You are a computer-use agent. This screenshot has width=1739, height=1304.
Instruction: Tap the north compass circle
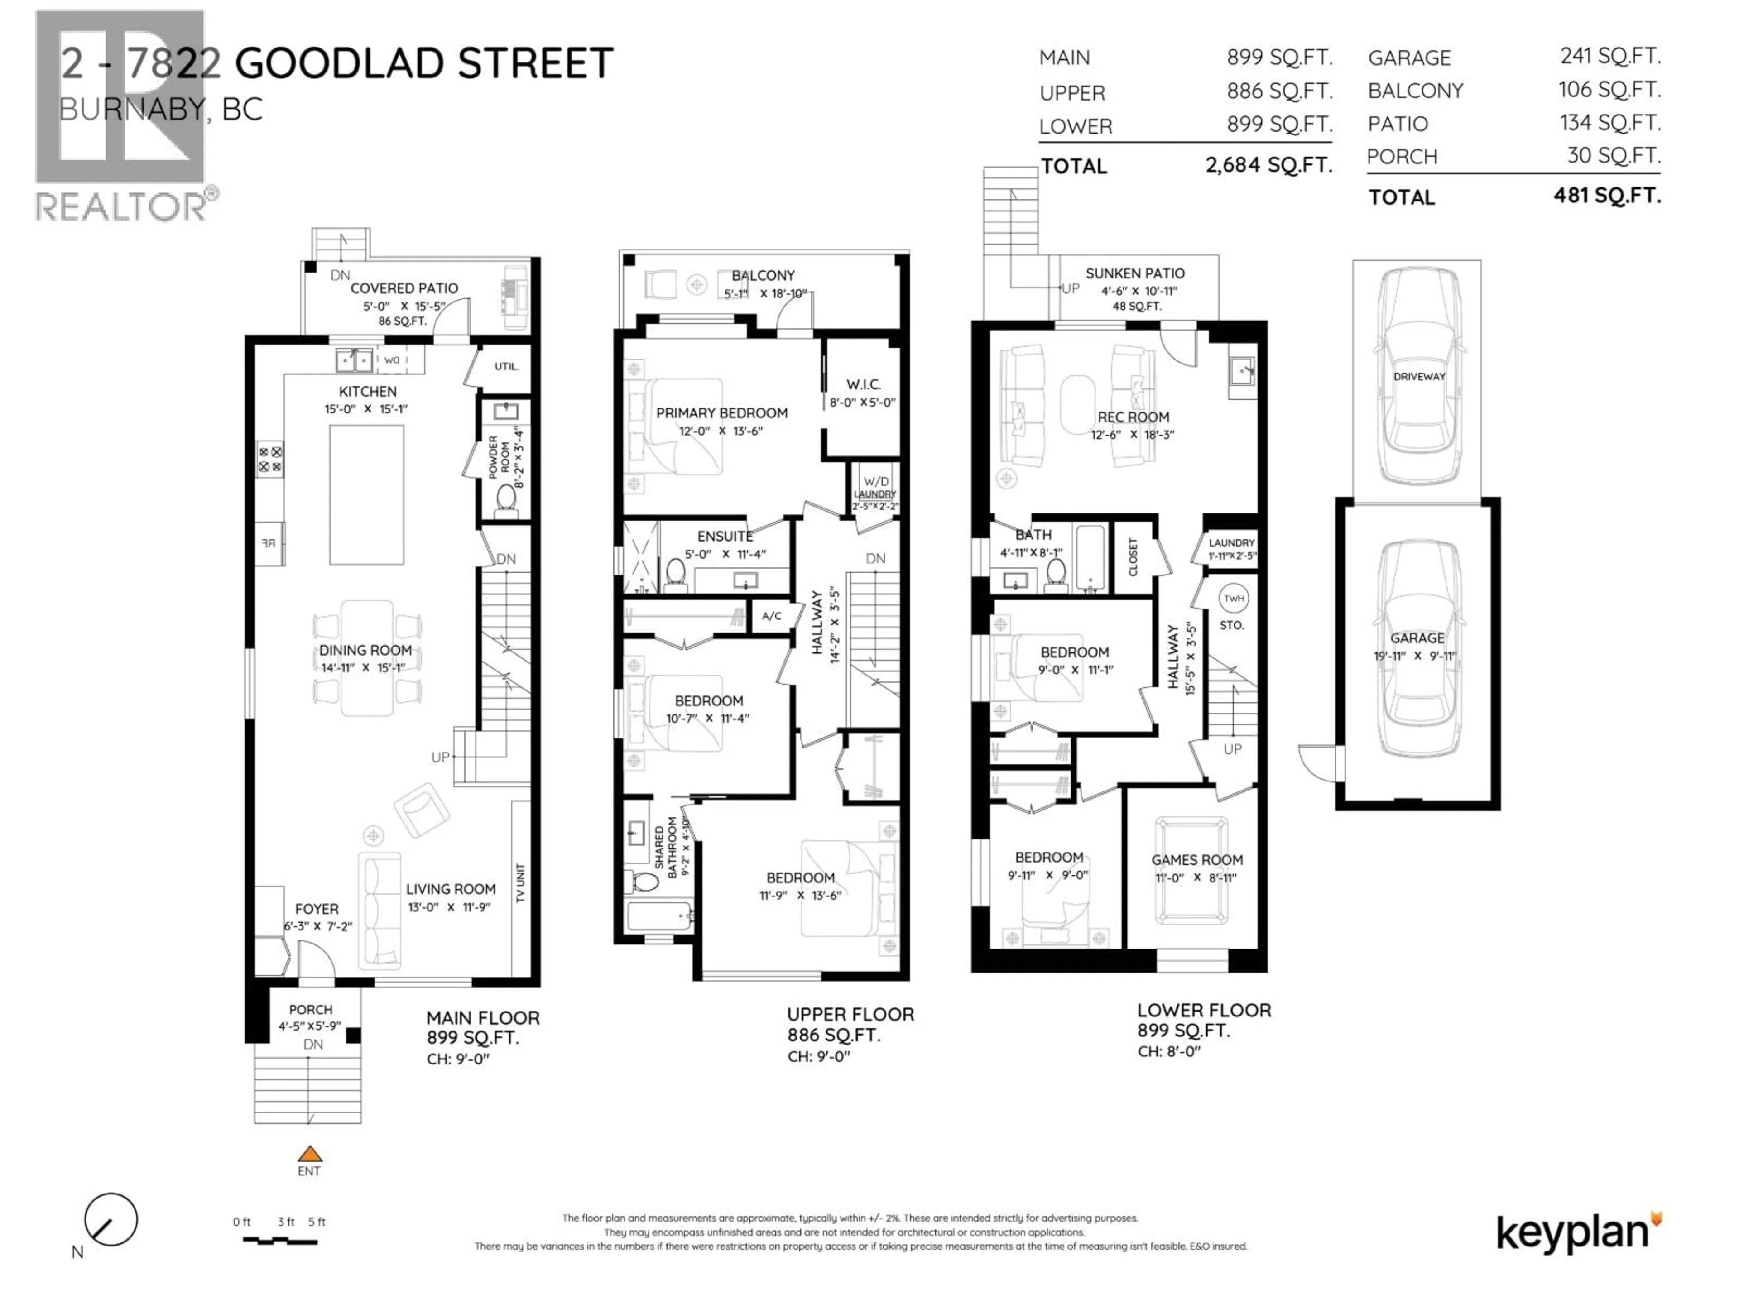point(111,1219)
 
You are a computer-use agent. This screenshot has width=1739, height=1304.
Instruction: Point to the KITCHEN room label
point(367,392)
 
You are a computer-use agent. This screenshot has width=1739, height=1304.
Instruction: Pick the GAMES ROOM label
point(1196,860)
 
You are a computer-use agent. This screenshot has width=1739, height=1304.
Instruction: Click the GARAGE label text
point(1417,638)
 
